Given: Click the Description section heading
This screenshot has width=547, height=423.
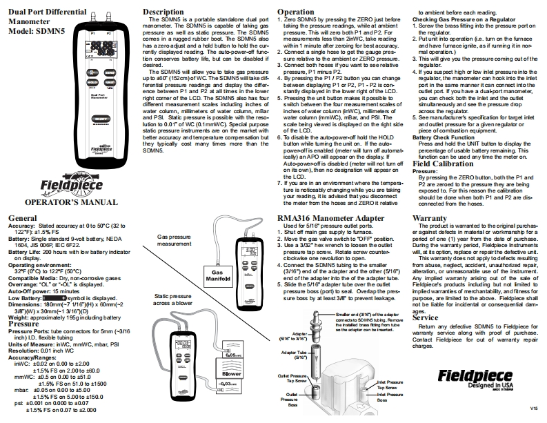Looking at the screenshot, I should (x=162, y=12).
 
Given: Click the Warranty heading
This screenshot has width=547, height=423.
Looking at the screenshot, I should (x=429, y=218).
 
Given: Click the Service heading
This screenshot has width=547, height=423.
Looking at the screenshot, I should (x=426, y=317).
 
